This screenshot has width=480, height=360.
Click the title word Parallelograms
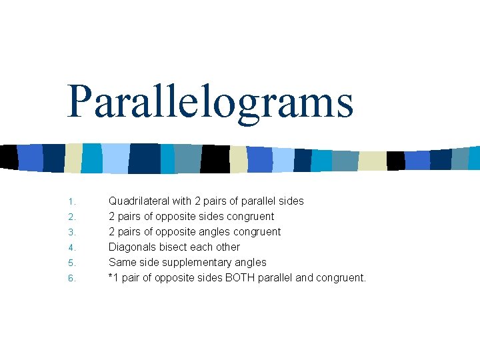(210, 103)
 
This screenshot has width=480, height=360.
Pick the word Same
(122, 262)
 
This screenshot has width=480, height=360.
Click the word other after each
(227, 247)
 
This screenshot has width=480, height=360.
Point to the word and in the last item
(303, 277)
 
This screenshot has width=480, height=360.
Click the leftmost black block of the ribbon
(9, 157)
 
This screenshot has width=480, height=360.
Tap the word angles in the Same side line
(249, 263)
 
